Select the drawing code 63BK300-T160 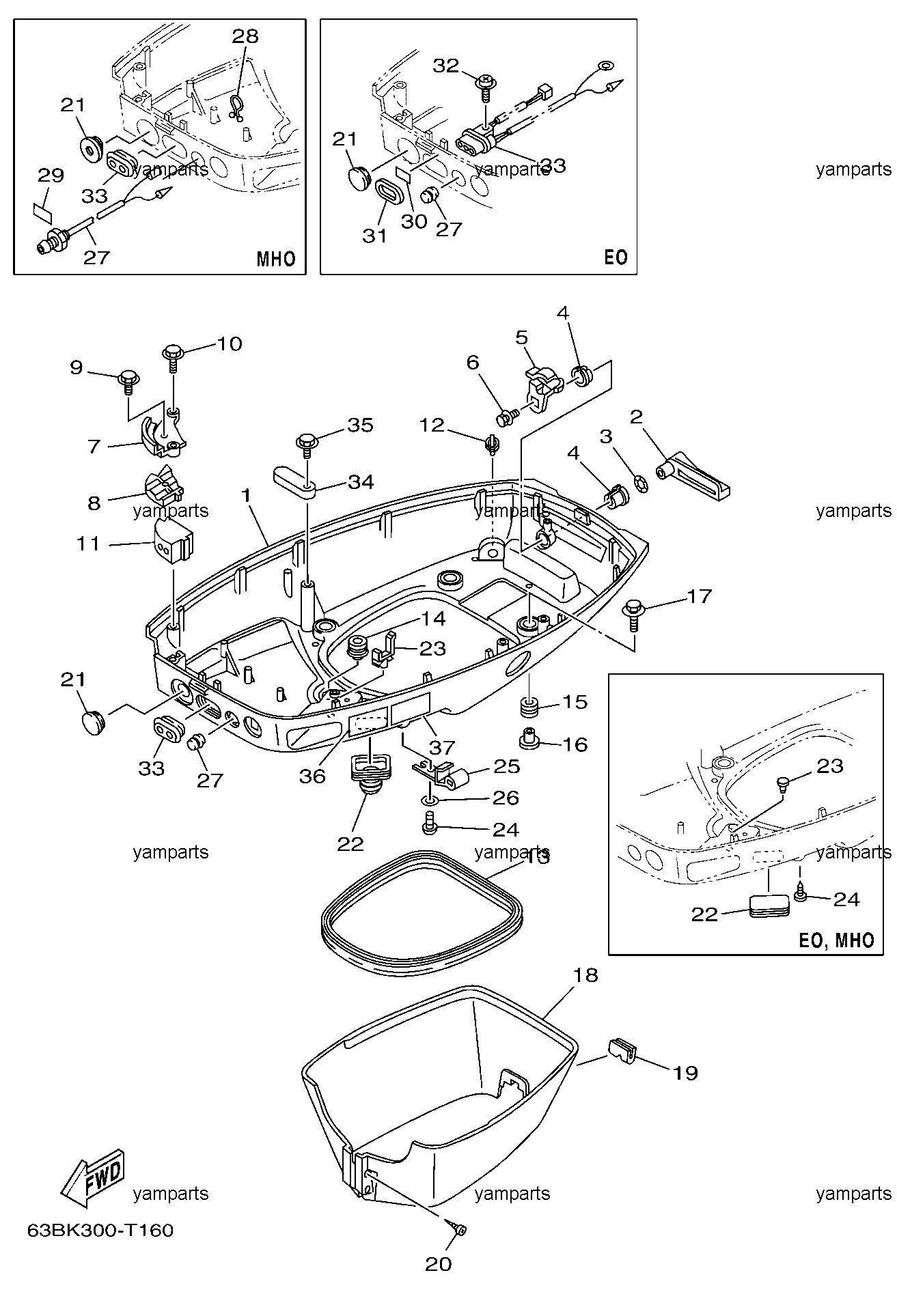pos(100,1230)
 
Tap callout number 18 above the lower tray pos(587,975)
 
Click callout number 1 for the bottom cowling pos(247,495)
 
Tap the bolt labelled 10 pos(172,358)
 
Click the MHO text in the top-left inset pos(276,259)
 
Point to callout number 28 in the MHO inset pos(245,36)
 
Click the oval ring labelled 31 pos(390,193)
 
